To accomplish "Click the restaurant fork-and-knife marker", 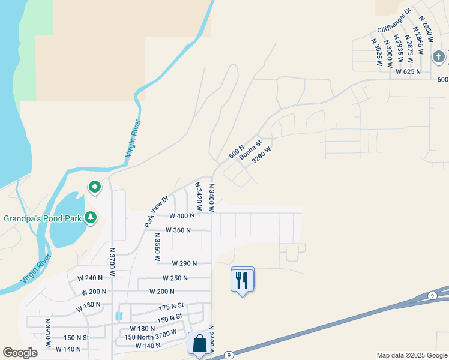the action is (x=242, y=280).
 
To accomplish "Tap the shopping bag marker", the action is (x=199, y=344).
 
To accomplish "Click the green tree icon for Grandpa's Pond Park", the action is (x=91, y=217).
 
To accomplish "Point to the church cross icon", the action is (x=439, y=58).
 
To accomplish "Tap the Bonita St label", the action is (x=252, y=149).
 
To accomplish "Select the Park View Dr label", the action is (x=155, y=211).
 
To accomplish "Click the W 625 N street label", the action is (x=408, y=71).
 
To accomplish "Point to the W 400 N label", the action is (x=181, y=215).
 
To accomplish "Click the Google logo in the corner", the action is (x=20, y=353).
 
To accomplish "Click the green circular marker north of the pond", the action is (x=95, y=188).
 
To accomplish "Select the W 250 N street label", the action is (x=175, y=278).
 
